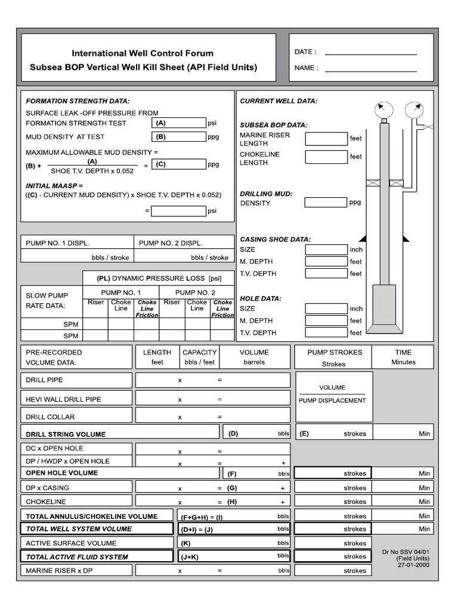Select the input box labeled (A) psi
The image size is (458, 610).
[x=178, y=123]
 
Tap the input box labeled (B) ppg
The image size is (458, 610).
[x=178, y=136]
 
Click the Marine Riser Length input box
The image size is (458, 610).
[x=326, y=139]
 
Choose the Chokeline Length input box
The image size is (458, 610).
[x=326, y=157]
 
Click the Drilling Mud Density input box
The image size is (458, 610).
[x=326, y=203]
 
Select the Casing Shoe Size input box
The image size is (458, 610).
[x=326, y=250]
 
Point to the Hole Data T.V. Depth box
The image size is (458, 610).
[x=326, y=332]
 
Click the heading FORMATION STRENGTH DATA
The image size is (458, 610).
[x=78, y=101]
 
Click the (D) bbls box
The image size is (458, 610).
[x=256, y=434]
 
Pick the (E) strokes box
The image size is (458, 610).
[x=333, y=434]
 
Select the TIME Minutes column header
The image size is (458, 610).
[x=403, y=357]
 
